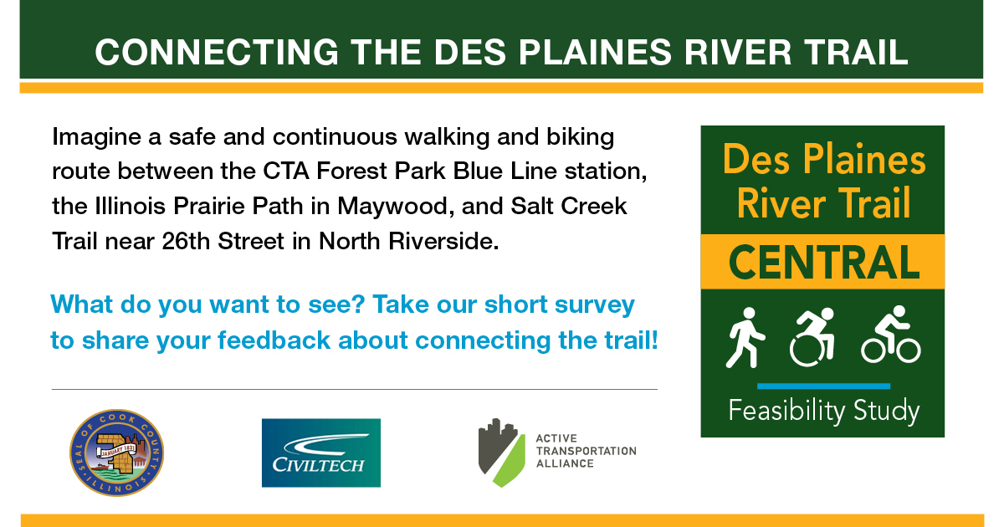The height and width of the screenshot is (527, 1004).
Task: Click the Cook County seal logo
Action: click(x=116, y=453)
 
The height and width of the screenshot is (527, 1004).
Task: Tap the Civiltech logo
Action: click(x=321, y=453)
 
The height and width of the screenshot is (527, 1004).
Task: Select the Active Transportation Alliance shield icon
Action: click(x=501, y=453)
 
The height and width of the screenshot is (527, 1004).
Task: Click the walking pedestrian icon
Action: click(x=744, y=338)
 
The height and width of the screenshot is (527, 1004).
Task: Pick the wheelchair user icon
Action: click(x=812, y=337)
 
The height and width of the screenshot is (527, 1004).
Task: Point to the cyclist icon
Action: click(x=890, y=335)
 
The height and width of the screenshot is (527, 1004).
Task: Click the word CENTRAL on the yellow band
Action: click(x=824, y=262)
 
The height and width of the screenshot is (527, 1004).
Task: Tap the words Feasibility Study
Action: click(x=824, y=411)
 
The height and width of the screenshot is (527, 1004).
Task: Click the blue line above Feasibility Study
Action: click(x=823, y=386)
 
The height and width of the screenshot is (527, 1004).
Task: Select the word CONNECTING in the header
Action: click(x=217, y=53)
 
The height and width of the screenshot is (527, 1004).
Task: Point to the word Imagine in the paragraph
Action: click(x=96, y=137)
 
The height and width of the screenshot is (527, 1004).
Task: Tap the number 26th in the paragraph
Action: click(x=186, y=241)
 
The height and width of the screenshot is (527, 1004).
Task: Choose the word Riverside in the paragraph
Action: click(x=443, y=241)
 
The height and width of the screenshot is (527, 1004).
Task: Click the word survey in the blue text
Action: click(x=595, y=305)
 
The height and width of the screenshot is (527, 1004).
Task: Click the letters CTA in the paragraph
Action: click(x=286, y=171)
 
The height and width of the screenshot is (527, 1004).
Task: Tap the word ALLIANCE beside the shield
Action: click(x=565, y=463)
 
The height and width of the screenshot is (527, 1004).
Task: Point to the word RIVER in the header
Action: click(x=738, y=53)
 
